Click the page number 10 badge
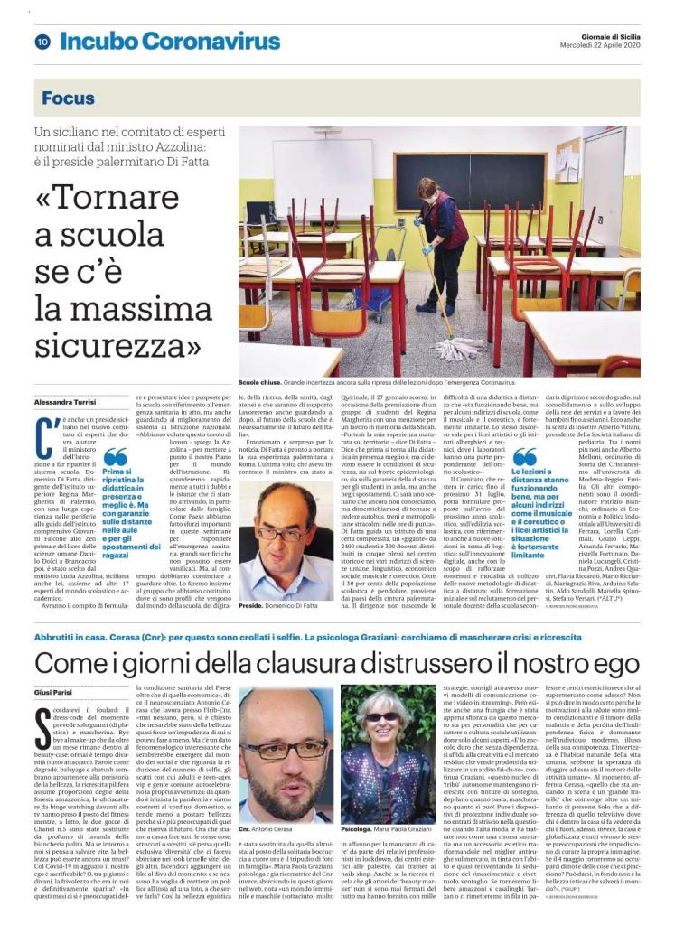(x=42, y=42)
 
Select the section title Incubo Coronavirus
(x=170, y=42)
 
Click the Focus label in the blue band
(x=68, y=98)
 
